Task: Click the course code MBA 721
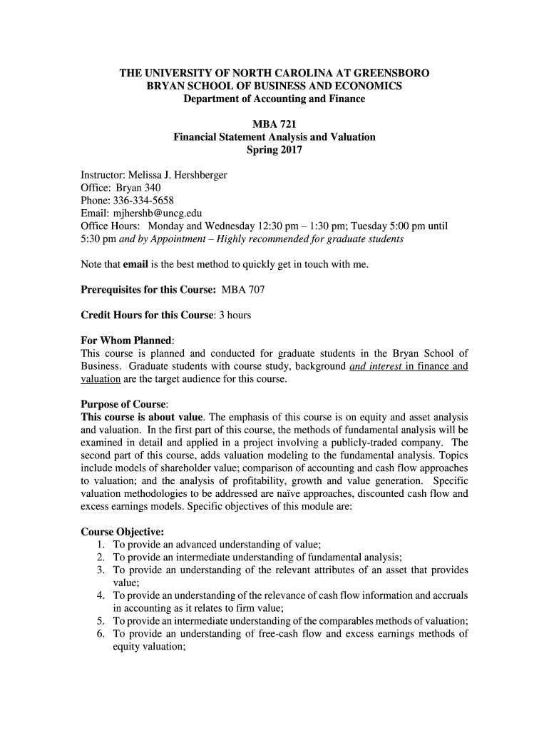pos(274,124)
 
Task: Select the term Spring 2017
pos(274,150)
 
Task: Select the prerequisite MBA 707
pos(244,290)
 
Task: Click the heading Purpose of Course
pos(124,404)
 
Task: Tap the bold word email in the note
pos(135,265)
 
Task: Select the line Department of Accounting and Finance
pos(274,99)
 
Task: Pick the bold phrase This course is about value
pos(143,417)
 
